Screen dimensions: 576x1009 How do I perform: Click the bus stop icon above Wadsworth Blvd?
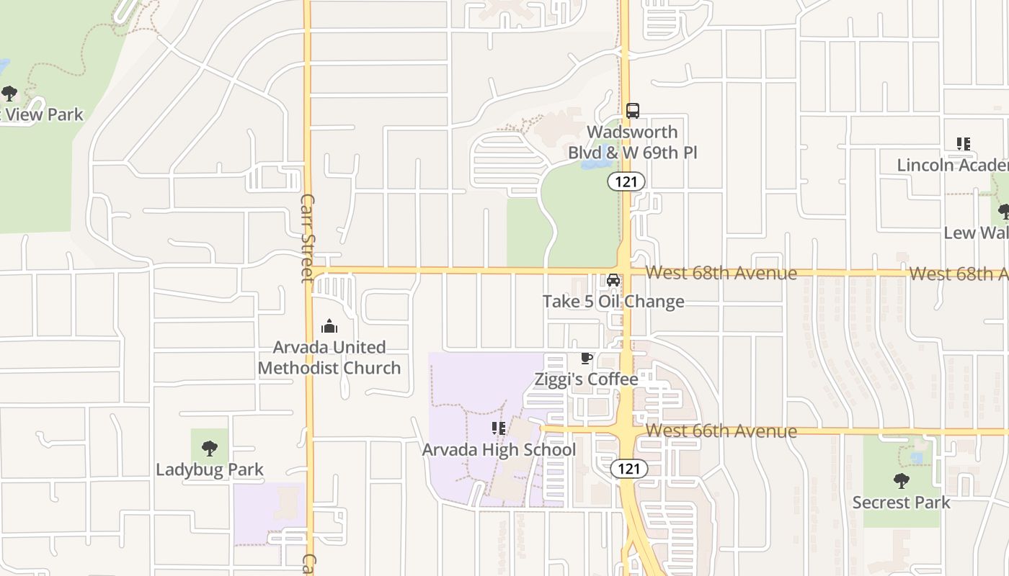pos(632,111)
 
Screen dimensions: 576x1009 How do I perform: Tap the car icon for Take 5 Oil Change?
pos(613,280)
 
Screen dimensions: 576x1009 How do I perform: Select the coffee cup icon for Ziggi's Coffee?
pos(587,358)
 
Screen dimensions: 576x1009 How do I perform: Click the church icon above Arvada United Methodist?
pos(329,326)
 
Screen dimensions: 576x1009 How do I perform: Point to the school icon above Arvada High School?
pos(498,428)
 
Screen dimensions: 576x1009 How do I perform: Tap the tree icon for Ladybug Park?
pos(210,449)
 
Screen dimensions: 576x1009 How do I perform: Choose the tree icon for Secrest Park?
pos(901,481)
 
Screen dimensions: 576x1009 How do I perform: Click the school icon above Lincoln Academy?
pos(964,144)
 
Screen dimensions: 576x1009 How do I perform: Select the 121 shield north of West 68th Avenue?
pos(626,181)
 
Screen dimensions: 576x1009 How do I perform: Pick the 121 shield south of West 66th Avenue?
pos(628,469)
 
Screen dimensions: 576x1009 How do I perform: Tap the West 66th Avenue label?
pos(721,431)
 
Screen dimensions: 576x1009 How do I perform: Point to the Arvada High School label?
pos(499,450)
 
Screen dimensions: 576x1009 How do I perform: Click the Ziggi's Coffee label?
pos(586,379)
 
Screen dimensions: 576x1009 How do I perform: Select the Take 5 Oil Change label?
pos(613,301)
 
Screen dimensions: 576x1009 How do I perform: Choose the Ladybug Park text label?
pos(210,469)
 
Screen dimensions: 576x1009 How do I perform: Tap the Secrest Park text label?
pos(901,502)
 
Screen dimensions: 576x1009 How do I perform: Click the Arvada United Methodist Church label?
pos(329,357)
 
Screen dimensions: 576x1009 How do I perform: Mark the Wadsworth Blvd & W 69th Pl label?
pos(632,143)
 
